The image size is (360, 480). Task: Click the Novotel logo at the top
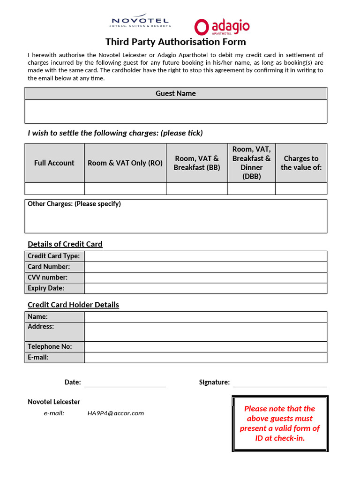click(140, 22)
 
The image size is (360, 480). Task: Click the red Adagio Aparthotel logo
click(222, 27)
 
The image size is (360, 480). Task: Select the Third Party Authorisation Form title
click(175, 42)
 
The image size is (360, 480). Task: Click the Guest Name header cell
click(176, 93)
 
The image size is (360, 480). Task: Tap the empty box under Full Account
click(54, 188)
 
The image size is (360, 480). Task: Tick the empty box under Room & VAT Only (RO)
click(125, 188)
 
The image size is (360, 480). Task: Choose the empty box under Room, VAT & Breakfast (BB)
click(197, 188)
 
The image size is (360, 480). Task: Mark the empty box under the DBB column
click(251, 188)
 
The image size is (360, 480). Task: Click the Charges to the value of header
click(301, 163)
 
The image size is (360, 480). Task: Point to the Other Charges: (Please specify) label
click(74, 204)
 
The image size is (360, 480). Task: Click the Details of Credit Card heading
click(65, 244)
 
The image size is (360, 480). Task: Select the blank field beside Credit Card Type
click(205, 256)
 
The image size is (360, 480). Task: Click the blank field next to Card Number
click(205, 267)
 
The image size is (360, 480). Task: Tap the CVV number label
click(47, 277)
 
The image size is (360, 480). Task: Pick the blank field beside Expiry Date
click(205, 288)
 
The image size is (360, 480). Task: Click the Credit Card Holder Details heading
click(73, 305)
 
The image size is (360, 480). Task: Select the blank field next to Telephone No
click(205, 347)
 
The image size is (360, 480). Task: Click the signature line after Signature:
click(280, 383)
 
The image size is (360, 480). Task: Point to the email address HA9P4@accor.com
click(115, 413)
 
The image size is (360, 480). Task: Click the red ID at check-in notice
click(280, 423)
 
